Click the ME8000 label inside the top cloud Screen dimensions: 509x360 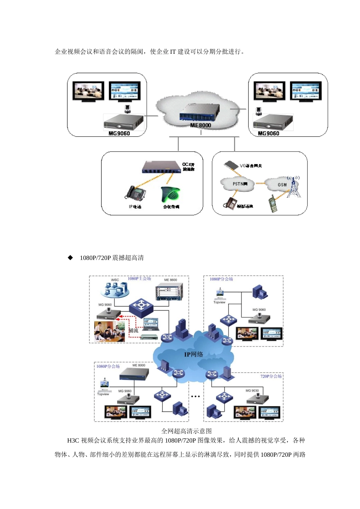[x=200, y=125]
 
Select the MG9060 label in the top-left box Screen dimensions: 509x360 [x=119, y=133]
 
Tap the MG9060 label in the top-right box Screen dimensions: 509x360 [x=268, y=133]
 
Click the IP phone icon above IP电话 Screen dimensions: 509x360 [x=135, y=193]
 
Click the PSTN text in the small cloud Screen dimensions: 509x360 [x=240, y=184]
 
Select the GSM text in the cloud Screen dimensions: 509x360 [x=282, y=185]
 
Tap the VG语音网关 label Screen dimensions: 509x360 [x=250, y=166]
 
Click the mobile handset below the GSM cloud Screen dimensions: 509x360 [x=272, y=204]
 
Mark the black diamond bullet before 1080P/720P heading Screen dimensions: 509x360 [x=70, y=258]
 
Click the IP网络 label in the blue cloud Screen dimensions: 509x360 [x=194, y=354]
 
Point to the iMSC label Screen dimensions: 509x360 [x=115, y=280]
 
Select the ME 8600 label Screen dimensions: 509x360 [x=171, y=280]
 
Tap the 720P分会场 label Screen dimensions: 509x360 [x=271, y=376]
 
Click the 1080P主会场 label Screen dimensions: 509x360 [x=139, y=278]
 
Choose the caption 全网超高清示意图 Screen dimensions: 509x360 [x=186, y=431]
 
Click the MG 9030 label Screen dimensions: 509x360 [x=252, y=390]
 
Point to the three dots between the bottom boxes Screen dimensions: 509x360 [x=196, y=397]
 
